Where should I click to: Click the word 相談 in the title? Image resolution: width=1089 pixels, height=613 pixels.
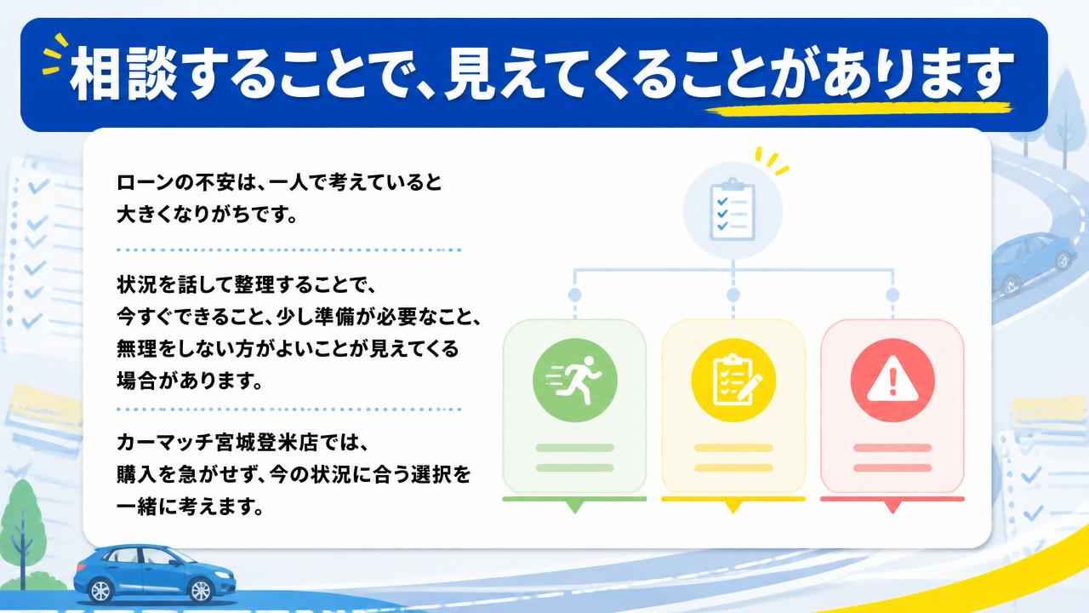point(123,74)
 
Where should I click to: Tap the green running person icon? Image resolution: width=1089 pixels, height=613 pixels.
point(574,380)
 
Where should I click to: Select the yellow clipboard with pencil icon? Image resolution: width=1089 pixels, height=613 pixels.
point(733,380)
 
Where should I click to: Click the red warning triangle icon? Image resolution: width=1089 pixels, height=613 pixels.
point(892,380)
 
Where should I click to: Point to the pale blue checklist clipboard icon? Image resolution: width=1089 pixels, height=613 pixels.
point(733,211)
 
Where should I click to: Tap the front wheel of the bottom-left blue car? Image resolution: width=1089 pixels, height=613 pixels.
point(200,590)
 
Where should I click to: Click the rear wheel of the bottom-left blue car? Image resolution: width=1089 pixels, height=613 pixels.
point(100,590)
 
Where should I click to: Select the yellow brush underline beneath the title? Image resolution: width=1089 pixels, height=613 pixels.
point(858,109)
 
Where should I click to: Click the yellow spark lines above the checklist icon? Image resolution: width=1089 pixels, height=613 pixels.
point(772,161)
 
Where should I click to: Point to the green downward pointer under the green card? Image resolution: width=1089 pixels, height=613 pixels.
point(574,507)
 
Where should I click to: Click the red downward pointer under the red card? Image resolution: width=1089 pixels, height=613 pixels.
point(892,507)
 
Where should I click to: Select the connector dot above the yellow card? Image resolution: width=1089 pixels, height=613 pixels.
point(733,295)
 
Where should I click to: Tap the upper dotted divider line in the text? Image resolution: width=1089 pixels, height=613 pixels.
point(288,250)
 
